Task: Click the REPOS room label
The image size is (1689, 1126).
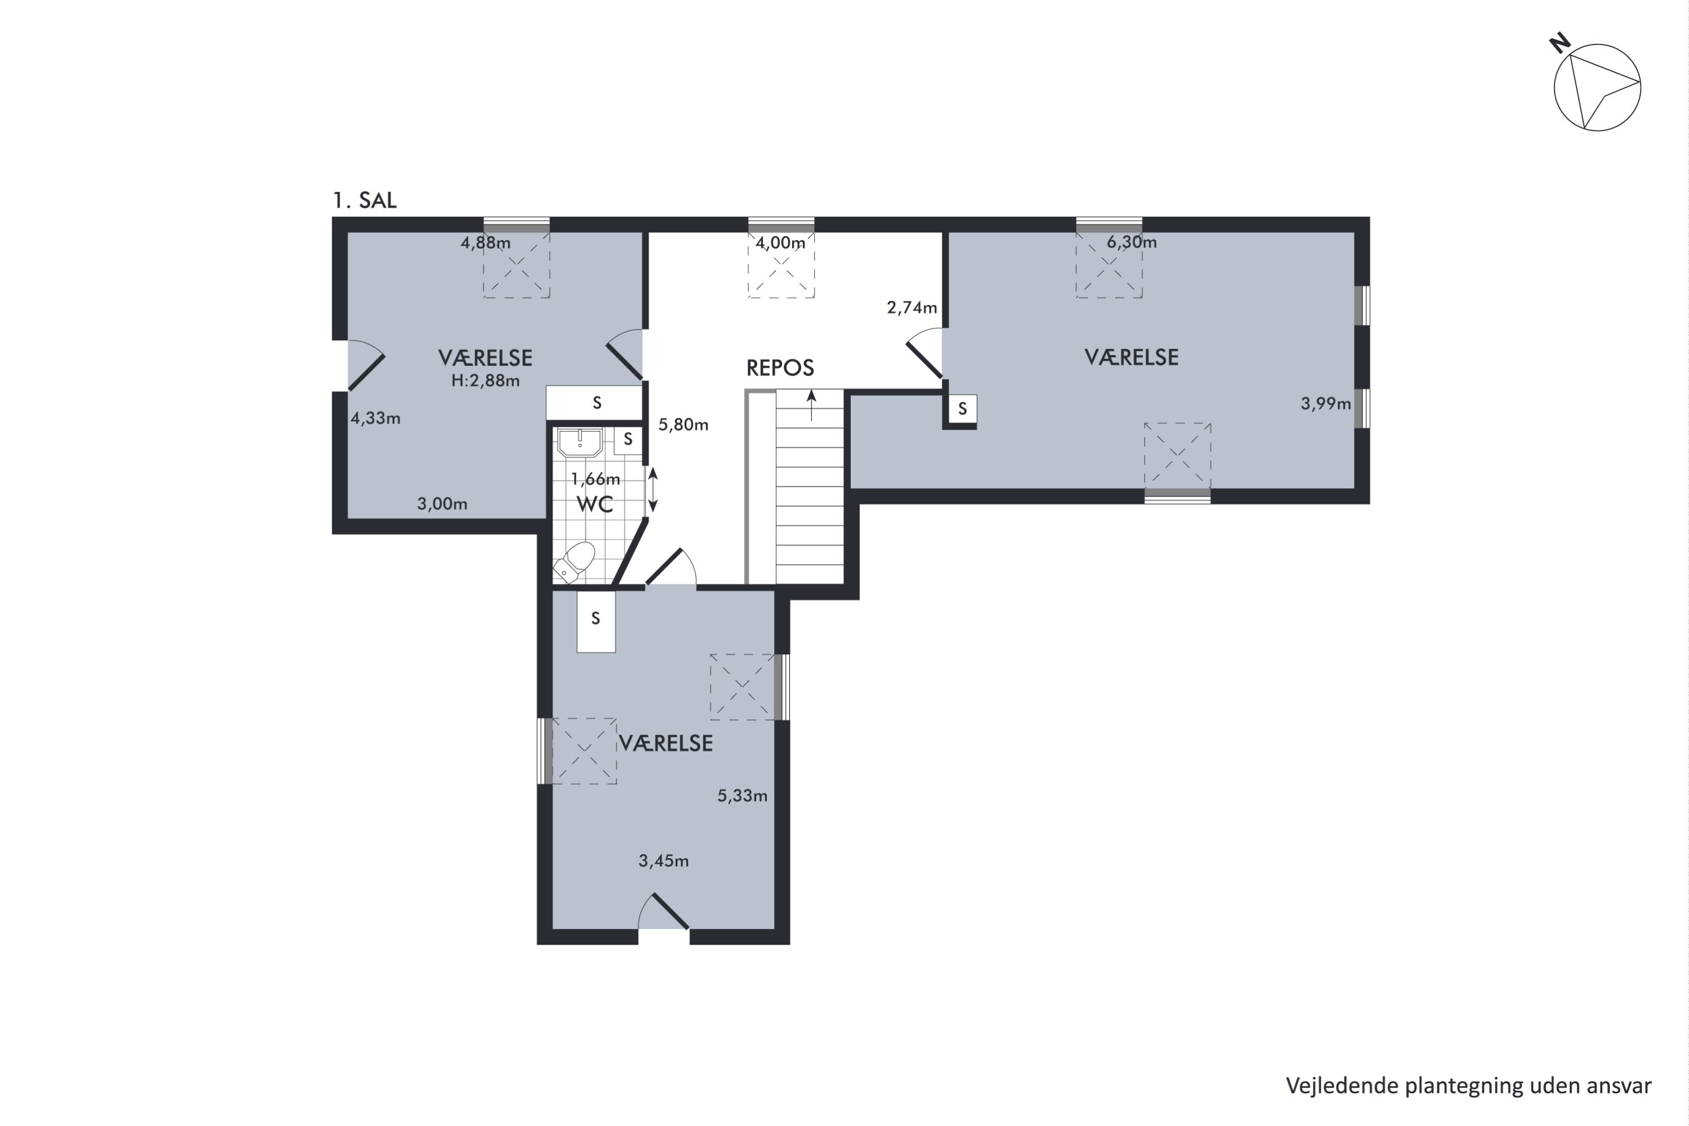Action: (x=780, y=368)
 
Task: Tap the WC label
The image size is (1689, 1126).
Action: (x=595, y=504)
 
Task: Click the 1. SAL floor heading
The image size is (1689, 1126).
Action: (x=364, y=200)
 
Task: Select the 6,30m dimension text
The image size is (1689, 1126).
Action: (x=1132, y=242)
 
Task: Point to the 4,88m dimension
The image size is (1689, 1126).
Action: (x=485, y=243)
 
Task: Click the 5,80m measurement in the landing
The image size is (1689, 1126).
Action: (x=683, y=425)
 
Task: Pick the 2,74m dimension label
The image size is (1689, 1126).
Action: (x=912, y=307)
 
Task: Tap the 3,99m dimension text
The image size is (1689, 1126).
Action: (x=1326, y=404)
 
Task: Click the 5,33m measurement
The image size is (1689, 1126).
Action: (x=743, y=796)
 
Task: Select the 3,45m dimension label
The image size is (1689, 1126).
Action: (x=664, y=860)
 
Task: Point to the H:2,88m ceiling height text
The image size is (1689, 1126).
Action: (x=485, y=381)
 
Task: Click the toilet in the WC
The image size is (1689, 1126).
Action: (x=575, y=562)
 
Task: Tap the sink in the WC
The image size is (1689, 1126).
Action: (x=580, y=443)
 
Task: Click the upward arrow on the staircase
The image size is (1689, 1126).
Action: (x=811, y=405)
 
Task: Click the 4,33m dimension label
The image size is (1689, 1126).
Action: (x=376, y=418)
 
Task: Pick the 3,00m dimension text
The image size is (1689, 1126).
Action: (x=443, y=504)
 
